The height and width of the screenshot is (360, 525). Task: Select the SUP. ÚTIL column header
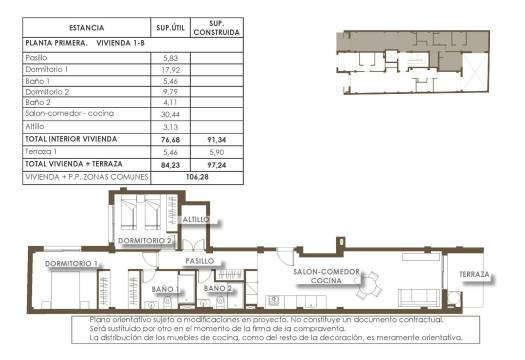(167, 27)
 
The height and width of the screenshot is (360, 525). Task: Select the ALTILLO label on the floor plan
(196, 219)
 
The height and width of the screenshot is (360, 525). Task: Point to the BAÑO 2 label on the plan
(218, 290)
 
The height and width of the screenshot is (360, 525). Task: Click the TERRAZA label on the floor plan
(474, 274)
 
